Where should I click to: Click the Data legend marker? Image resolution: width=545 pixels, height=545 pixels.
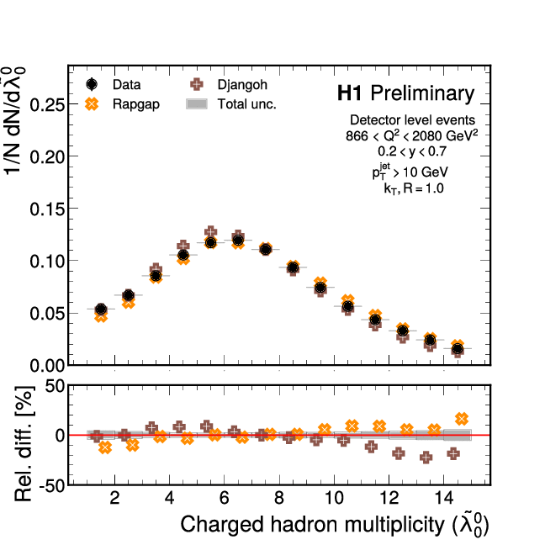click(93, 84)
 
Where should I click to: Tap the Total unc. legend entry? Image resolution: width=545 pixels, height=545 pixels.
click(231, 104)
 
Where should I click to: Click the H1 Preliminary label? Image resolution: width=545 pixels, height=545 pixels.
click(405, 93)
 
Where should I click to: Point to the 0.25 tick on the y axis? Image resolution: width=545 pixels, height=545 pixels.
click(46, 104)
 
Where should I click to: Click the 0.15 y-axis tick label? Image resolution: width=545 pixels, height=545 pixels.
click(46, 209)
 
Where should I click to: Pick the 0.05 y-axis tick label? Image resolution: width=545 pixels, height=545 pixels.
click(46, 313)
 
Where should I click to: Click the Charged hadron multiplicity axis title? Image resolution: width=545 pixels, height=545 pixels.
click(335, 525)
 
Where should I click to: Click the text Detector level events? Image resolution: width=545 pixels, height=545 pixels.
click(411, 120)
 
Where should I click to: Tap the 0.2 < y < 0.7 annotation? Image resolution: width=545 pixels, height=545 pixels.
click(411, 151)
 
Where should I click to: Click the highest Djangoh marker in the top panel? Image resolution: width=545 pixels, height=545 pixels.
click(211, 232)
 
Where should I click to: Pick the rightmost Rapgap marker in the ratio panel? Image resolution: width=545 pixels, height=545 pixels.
click(461, 419)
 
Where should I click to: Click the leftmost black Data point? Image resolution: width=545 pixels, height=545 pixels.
click(101, 310)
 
